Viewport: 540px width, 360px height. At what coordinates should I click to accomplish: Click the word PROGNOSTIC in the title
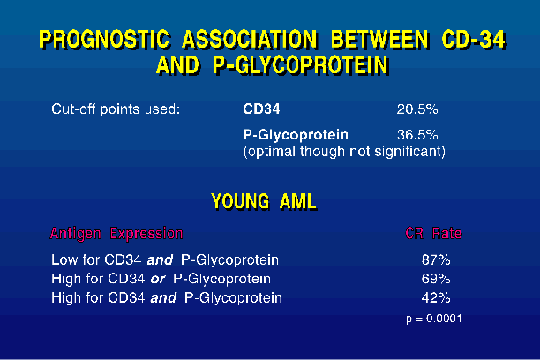(x=104, y=39)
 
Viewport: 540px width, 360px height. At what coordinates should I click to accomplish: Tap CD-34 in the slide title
(x=474, y=39)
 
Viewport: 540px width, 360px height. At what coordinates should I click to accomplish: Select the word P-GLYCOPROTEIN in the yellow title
(x=301, y=65)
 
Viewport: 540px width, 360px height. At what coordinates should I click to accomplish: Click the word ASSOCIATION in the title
(x=250, y=39)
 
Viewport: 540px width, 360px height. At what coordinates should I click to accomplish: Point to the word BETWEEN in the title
(x=380, y=39)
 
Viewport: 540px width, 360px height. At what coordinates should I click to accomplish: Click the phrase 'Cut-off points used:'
(x=116, y=109)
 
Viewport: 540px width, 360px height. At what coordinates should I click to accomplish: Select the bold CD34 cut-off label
(x=261, y=109)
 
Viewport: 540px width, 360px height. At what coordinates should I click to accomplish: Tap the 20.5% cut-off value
(x=417, y=109)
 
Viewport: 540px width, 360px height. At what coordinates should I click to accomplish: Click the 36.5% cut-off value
(x=417, y=135)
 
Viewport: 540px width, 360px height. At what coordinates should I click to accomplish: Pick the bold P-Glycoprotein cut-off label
(x=296, y=135)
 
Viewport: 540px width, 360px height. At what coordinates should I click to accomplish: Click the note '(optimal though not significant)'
(x=344, y=152)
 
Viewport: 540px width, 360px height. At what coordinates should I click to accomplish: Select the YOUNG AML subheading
(x=264, y=201)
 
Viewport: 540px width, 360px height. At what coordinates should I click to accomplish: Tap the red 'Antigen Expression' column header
(x=116, y=234)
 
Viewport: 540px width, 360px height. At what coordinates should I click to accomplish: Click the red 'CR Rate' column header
(x=433, y=234)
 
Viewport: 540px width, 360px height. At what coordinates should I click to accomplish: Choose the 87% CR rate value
(x=436, y=259)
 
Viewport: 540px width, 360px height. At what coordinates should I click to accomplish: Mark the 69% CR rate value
(x=436, y=279)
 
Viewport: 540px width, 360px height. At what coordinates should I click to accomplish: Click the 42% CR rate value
(x=436, y=297)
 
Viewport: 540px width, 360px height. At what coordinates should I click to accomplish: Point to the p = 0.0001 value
(x=434, y=319)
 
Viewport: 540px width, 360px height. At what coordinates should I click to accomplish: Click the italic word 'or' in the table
(x=158, y=280)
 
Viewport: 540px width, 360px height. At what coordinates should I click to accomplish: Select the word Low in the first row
(x=64, y=259)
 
